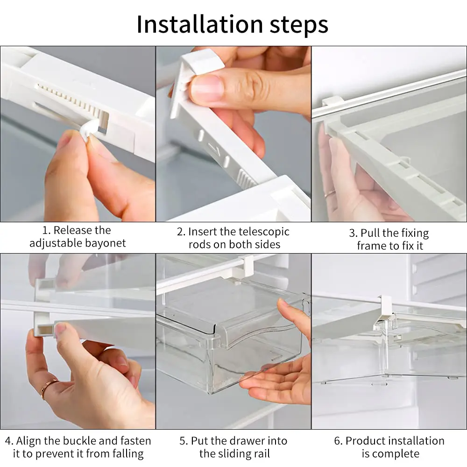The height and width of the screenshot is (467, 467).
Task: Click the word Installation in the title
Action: coord(200,24)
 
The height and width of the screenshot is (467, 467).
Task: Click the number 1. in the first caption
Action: coord(46,230)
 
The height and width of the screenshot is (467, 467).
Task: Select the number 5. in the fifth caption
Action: coord(184,441)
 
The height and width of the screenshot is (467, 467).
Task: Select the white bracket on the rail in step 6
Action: coord(386,306)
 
